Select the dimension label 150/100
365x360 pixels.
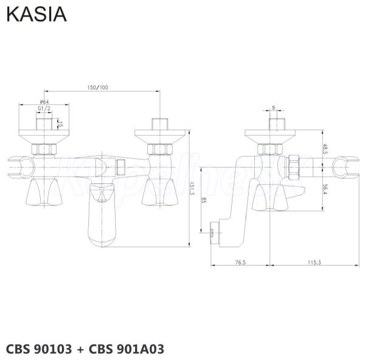tap(98, 88)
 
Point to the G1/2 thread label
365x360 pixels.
tap(44, 108)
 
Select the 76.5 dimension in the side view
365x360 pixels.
tap(240, 263)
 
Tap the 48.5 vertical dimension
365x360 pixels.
tap(325, 148)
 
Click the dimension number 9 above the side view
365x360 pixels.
tap(274, 107)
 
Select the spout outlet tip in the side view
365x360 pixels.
tap(212, 233)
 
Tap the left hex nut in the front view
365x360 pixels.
tap(44, 149)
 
